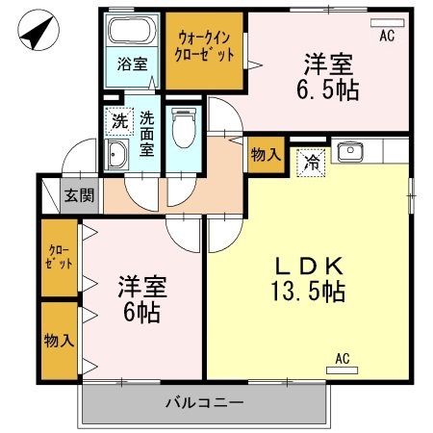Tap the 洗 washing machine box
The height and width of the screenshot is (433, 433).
pyautogui.click(x=118, y=121)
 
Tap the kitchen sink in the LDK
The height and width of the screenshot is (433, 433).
pyautogui.click(x=351, y=150)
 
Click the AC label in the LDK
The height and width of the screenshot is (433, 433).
pyautogui.click(x=343, y=360)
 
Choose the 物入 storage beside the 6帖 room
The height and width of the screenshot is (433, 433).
pyautogui.click(x=59, y=341)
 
